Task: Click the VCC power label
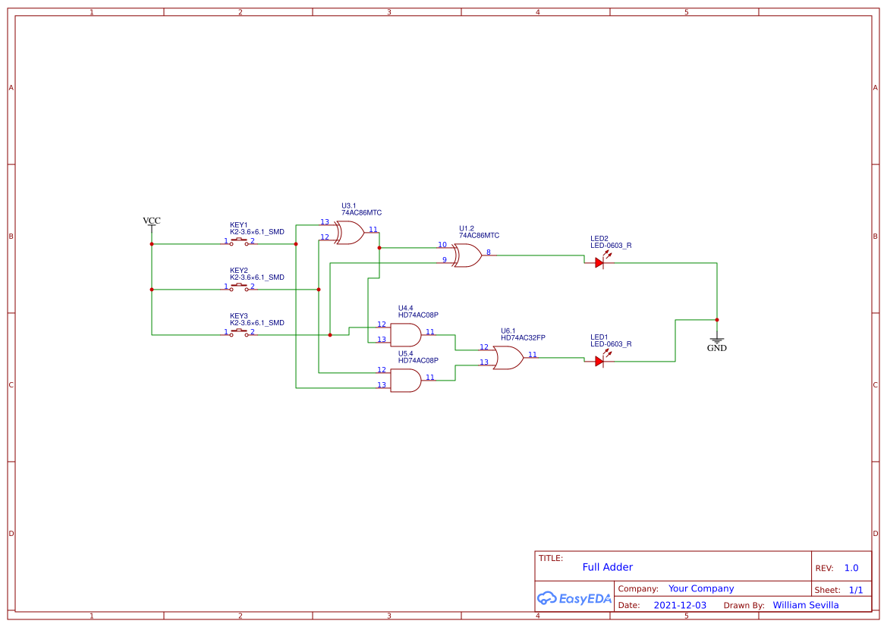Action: click(152, 221)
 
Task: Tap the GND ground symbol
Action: click(716, 343)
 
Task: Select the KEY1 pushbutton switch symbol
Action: click(239, 242)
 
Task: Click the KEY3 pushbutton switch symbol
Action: click(239, 333)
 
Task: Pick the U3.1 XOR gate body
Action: click(349, 233)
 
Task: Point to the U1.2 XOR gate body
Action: click(467, 256)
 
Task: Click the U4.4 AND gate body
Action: click(405, 335)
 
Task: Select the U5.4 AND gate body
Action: click(405, 381)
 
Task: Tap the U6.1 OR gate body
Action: click(508, 358)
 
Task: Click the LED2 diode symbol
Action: click(599, 262)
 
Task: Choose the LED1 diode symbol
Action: click(599, 361)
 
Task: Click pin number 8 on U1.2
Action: click(489, 252)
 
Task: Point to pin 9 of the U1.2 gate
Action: click(445, 260)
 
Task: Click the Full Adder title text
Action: click(607, 567)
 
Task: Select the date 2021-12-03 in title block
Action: click(680, 605)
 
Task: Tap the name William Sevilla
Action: click(806, 605)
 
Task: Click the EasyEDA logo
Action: click(574, 598)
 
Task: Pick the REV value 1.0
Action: click(851, 568)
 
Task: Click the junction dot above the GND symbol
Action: click(716, 319)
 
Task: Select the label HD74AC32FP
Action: click(523, 337)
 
